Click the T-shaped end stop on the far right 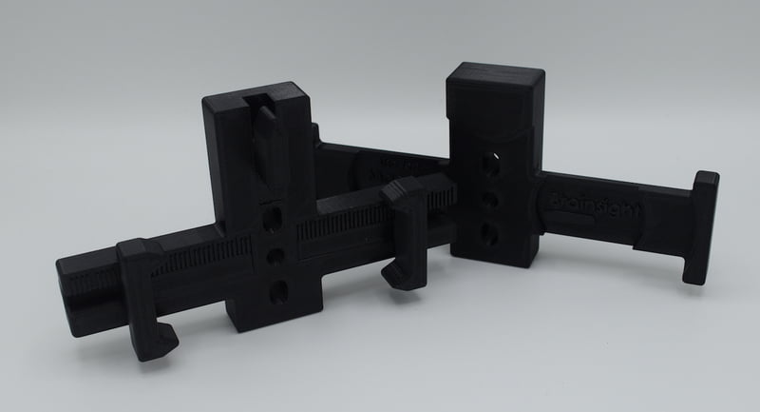click(702, 227)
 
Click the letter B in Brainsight click(558, 202)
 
